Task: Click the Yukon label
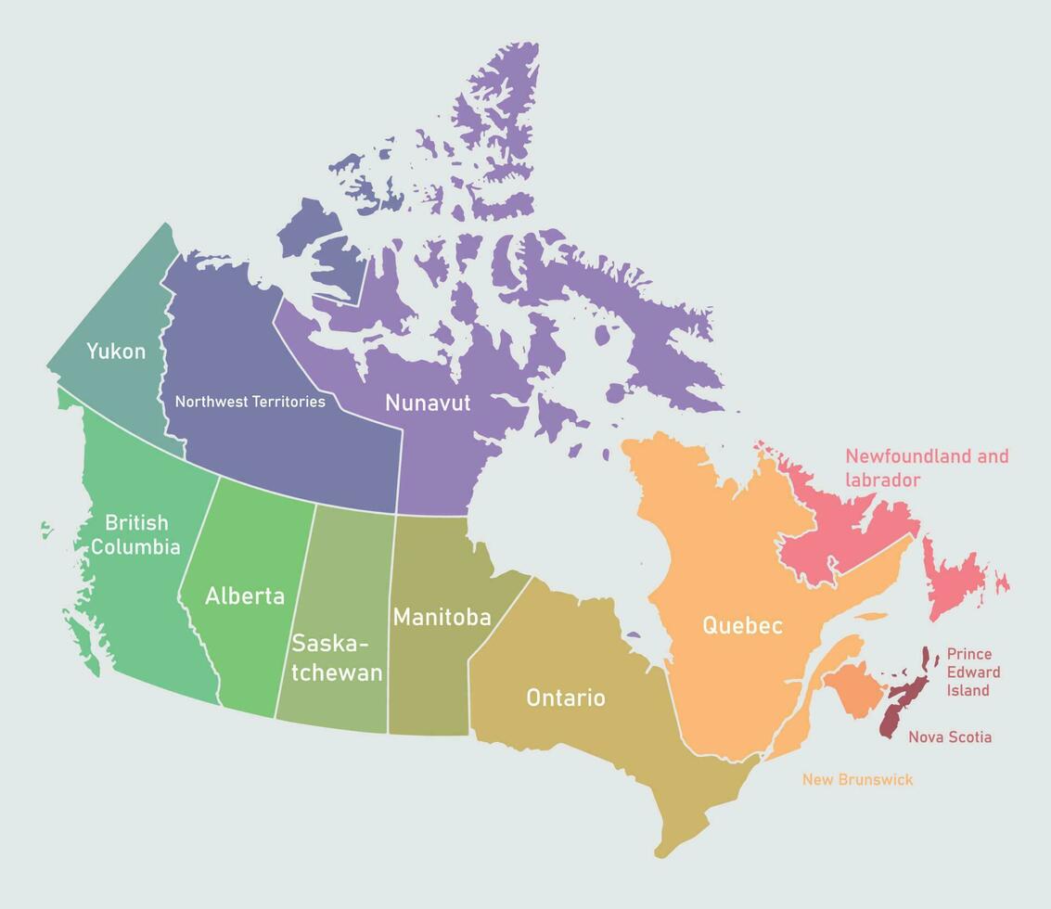point(116,352)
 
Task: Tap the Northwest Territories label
point(250,402)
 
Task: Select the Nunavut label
point(428,403)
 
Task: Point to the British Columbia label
point(135,534)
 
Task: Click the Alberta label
point(245,596)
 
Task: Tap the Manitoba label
point(442,617)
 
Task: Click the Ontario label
point(565,698)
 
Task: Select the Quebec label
point(742,625)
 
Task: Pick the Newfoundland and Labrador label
point(926,467)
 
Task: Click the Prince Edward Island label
point(973,672)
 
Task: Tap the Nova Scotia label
point(950,737)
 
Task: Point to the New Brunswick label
point(857,780)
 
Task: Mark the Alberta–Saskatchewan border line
point(296,612)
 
